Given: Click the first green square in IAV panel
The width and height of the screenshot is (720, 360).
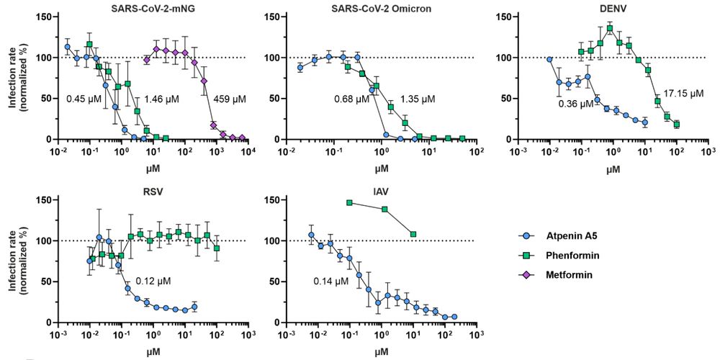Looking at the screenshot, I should (x=350, y=203).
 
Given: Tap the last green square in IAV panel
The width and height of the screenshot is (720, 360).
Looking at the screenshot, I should (x=413, y=234).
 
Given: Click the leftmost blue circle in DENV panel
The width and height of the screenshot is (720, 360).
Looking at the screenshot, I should (x=550, y=60).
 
